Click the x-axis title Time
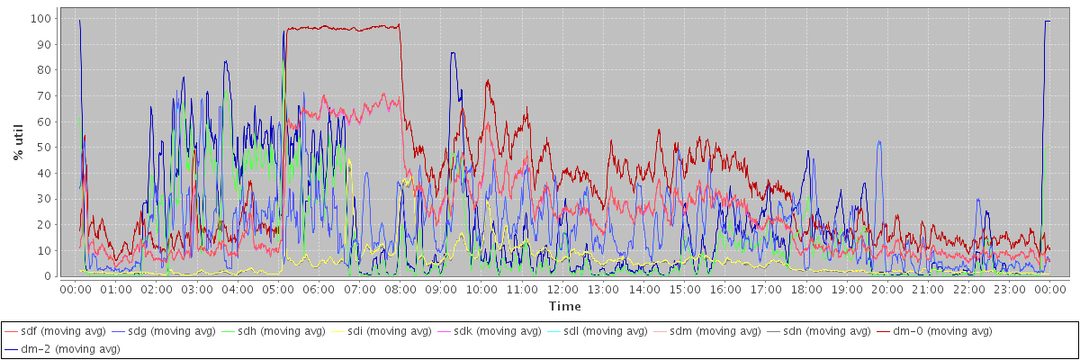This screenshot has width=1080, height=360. (x=564, y=307)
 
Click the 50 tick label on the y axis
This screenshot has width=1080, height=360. (x=42, y=147)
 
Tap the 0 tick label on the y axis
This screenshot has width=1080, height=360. (x=46, y=275)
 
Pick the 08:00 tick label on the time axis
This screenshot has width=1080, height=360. (x=400, y=290)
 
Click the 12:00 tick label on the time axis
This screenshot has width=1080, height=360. (x=562, y=290)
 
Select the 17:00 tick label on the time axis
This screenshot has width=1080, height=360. (x=766, y=290)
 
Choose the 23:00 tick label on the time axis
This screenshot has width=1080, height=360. (x=1010, y=290)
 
